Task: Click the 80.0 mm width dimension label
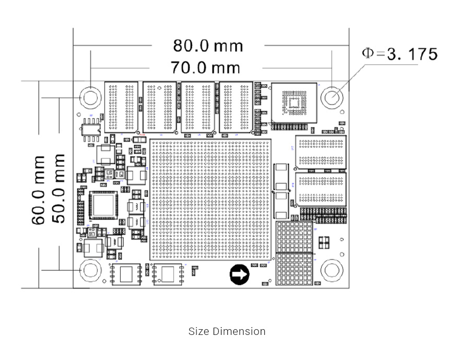208,46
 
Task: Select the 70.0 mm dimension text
206,67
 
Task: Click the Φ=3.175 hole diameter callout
400,54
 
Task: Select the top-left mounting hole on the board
90,97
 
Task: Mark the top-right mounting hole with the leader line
332,97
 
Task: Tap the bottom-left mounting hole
90,271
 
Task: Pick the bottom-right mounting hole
332,271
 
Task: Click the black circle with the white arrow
240,274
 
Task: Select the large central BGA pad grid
211,199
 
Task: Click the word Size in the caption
199,332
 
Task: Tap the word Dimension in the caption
239,332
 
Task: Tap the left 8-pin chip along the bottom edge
126,273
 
